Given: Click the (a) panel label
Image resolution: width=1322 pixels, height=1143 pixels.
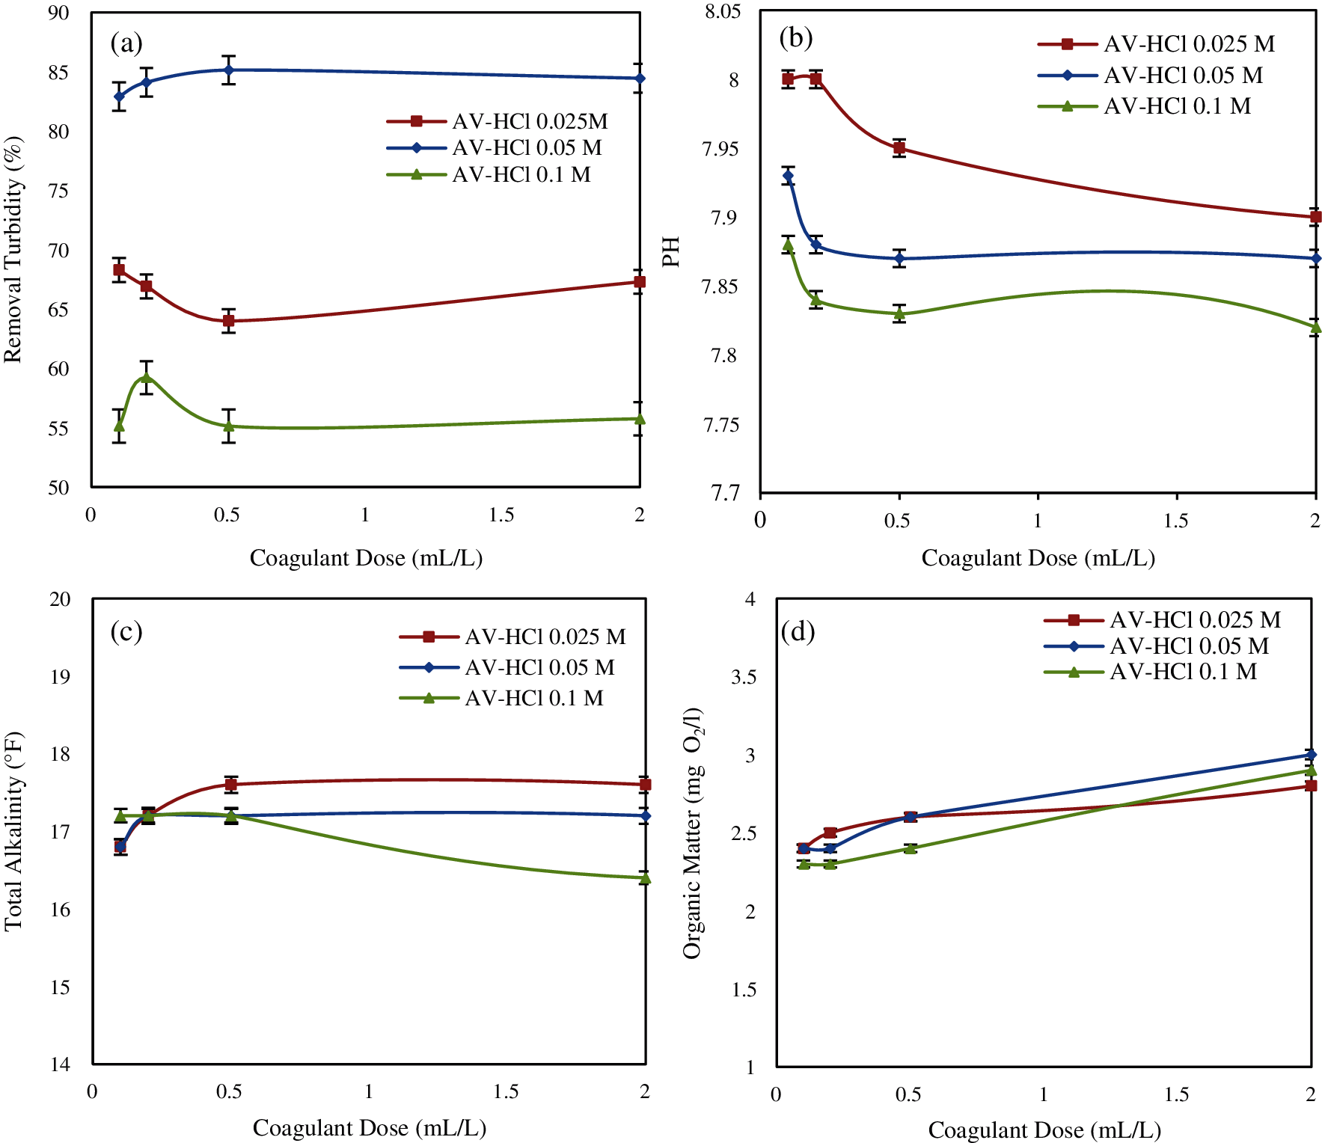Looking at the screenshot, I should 126,43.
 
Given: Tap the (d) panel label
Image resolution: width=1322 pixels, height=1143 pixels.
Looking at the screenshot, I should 798,632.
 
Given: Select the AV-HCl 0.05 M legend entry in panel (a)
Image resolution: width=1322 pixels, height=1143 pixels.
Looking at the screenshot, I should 527,148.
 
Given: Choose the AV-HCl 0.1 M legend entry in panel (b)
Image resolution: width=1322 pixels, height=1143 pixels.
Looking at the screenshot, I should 1177,106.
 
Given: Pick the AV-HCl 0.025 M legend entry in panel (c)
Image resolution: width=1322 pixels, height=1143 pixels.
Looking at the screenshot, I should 545,637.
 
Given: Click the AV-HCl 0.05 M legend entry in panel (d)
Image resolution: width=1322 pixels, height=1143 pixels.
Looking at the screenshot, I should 1189,646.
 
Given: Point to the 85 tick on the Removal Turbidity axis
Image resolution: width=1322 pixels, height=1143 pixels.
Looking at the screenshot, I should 58,73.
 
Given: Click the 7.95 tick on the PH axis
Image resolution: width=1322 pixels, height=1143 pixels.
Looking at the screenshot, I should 720,149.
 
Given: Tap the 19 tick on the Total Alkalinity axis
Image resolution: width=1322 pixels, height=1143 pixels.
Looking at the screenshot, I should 61,677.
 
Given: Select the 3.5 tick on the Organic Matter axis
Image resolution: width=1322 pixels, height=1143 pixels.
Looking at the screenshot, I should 743,677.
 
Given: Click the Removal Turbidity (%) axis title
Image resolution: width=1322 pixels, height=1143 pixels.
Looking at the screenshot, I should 13,250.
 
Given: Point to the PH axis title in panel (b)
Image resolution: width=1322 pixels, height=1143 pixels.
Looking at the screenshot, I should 671,252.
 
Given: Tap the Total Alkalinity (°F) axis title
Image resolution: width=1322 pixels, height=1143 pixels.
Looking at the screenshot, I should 13,831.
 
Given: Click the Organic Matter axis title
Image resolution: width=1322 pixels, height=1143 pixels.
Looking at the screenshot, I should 693,833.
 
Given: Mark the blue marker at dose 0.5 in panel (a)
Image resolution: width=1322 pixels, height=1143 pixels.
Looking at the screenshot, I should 229,70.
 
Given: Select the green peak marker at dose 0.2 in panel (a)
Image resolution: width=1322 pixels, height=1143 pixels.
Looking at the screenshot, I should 147,377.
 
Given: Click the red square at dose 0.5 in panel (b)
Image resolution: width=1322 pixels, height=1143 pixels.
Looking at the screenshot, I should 899,148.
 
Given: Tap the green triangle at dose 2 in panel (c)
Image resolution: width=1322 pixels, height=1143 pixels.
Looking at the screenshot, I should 645,878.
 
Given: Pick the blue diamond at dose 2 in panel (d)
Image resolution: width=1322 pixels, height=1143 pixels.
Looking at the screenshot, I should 1311,755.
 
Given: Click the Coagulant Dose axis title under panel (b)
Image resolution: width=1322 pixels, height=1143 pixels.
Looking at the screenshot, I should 1038,558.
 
